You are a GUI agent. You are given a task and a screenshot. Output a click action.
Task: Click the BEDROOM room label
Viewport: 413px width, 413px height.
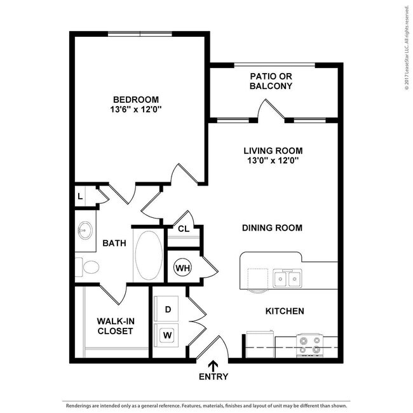click(135, 99)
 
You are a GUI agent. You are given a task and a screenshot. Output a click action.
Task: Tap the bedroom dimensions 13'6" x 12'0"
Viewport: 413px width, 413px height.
click(135, 109)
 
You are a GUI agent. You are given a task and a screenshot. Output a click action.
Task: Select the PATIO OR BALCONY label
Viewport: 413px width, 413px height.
click(271, 81)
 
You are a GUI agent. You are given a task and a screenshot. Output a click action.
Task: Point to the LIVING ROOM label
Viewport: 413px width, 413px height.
click(273, 151)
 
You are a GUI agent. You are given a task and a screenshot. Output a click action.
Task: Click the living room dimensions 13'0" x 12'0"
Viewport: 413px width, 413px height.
click(273, 161)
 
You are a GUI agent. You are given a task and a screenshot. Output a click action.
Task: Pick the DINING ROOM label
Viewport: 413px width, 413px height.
click(272, 227)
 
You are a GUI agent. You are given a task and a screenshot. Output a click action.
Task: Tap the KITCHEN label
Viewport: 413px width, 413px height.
click(284, 311)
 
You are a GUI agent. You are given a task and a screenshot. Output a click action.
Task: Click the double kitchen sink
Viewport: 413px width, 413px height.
click(287, 278)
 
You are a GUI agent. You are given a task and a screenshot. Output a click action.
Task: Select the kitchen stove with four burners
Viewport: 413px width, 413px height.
click(310, 345)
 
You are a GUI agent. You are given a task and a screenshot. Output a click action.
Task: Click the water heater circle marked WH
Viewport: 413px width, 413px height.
click(183, 267)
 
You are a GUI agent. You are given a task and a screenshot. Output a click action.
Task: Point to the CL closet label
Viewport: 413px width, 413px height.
click(183, 229)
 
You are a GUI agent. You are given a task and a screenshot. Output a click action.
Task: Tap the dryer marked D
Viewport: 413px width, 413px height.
click(168, 309)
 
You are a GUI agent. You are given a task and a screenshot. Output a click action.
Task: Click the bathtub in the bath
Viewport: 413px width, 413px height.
click(149, 255)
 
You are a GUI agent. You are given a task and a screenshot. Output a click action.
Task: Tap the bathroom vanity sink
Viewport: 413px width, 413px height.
click(85, 229)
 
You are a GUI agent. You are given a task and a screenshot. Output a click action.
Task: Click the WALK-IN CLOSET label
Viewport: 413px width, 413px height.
click(115, 326)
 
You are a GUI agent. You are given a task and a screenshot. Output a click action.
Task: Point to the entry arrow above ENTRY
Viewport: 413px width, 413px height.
click(213, 365)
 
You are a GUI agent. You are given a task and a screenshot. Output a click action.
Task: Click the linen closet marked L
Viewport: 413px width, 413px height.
click(80, 196)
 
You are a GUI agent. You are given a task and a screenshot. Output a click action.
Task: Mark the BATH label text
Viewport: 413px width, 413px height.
click(114, 243)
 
